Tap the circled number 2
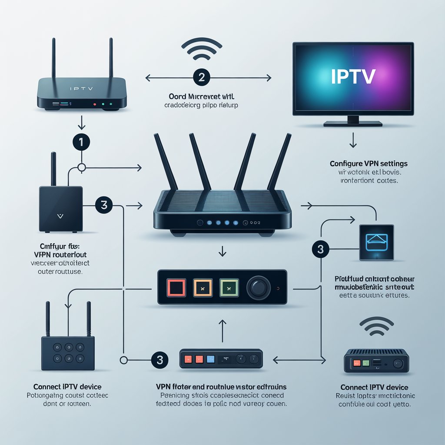click(x=201, y=78)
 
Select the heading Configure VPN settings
click(x=368, y=164)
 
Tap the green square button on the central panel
click(x=229, y=287)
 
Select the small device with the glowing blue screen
click(x=376, y=242)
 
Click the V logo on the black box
click(x=60, y=215)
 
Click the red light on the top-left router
click(x=94, y=104)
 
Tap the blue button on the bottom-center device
click(x=210, y=359)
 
